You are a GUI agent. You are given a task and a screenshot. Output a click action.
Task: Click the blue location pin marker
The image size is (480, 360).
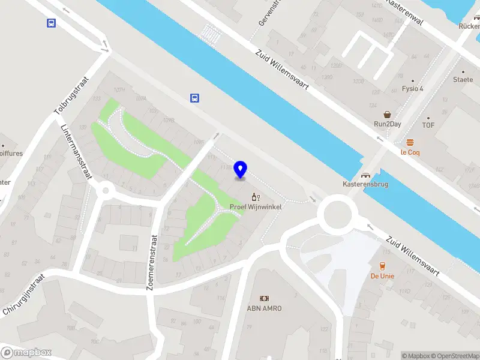tap(241, 170)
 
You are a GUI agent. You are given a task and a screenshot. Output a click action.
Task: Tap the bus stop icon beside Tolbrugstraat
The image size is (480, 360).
tap(52, 23)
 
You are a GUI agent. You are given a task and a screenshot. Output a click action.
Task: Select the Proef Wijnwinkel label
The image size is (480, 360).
tap(256, 207)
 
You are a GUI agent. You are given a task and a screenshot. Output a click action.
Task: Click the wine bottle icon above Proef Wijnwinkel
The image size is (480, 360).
tap(256, 197)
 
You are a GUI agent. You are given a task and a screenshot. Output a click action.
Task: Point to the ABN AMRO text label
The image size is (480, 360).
tap(264, 308)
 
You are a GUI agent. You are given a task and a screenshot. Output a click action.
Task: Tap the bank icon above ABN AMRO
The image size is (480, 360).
tap(264, 298)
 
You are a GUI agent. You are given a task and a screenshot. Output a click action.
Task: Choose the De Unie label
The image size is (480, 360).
tap(382, 276)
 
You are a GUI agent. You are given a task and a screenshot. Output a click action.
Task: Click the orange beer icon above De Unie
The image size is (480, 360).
tap(382, 266)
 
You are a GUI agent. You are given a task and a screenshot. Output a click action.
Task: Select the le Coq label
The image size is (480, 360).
tap(410, 152)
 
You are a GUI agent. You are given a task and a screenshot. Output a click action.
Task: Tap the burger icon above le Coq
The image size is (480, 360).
tap(410, 142)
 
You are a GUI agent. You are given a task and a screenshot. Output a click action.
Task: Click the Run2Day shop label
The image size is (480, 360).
tap(388, 124)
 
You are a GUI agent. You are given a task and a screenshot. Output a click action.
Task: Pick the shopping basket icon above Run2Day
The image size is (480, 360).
tap(388, 113)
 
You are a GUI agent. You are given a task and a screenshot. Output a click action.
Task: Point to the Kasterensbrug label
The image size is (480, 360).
tap(365, 184)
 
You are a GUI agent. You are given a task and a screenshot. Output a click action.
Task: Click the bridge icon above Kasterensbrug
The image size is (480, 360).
tap(365, 175)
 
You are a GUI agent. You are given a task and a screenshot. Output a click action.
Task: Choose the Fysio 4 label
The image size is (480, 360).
tap(412, 89)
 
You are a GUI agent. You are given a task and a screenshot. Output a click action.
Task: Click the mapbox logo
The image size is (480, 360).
tap(26, 353)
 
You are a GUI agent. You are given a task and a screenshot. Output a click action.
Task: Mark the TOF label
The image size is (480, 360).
tap(428, 125)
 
